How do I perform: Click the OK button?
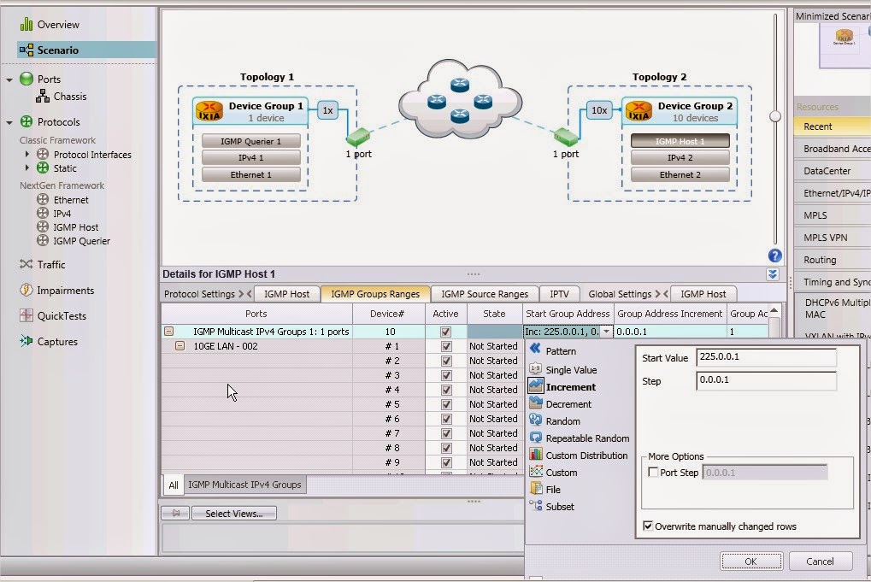click(750, 561)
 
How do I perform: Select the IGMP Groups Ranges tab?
click(375, 294)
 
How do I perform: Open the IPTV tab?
click(559, 294)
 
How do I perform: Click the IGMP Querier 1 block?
click(251, 141)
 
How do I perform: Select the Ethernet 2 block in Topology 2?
click(680, 175)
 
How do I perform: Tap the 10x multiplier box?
click(598, 110)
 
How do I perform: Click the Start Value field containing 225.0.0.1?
click(766, 358)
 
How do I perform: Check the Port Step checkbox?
click(654, 473)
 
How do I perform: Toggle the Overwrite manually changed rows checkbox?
click(648, 526)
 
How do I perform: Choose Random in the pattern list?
click(562, 421)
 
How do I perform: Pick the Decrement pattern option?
click(568, 404)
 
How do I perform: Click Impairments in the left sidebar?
click(65, 291)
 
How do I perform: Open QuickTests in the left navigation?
click(62, 316)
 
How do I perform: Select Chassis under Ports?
click(70, 97)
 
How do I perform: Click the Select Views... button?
click(233, 514)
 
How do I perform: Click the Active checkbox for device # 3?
click(445, 375)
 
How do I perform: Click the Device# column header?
click(389, 314)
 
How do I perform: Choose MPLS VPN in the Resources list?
click(826, 238)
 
